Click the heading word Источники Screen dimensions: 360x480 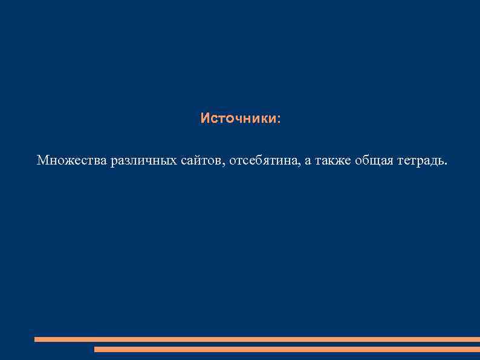239,118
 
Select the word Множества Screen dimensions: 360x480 71,160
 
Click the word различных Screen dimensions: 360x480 143,160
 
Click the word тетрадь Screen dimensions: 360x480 421,160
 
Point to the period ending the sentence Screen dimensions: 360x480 447,164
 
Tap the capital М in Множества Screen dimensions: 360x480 42,160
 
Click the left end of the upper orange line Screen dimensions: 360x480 36,339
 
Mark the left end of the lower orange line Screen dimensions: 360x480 96,349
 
